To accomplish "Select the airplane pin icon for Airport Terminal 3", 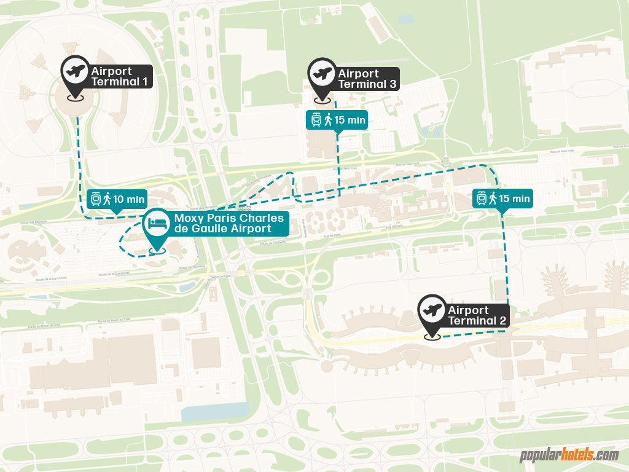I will click(322, 74).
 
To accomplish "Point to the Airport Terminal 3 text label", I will click(367, 79).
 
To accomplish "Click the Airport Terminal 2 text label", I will click(477, 315).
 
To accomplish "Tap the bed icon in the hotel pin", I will click(157, 224).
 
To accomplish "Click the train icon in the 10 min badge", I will click(96, 199).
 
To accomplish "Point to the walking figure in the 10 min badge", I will click(107, 199).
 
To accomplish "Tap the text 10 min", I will click(129, 199).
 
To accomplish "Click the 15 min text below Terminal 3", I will click(350, 120).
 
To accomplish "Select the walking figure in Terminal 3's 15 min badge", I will click(328, 120).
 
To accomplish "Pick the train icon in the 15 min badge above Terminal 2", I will click(482, 199).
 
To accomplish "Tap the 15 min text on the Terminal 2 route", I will click(514, 199).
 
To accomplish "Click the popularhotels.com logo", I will click(569, 455).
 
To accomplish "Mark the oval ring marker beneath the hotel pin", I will click(157, 250).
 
